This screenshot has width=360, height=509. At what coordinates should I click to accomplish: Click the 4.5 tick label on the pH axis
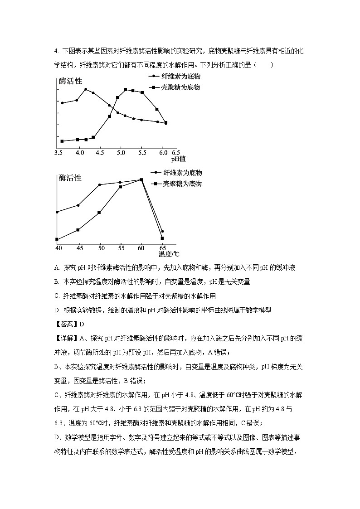(x=100, y=153)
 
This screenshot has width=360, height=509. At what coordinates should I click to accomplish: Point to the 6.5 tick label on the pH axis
(x=175, y=153)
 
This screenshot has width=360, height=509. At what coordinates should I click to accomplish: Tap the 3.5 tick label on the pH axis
(x=58, y=153)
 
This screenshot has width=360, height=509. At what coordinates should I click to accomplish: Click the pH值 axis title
(x=178, y=159)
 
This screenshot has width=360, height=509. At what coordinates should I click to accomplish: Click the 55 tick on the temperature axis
(x=121, y=248)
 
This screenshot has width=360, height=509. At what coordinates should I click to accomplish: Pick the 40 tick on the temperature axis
(x=58, y=248)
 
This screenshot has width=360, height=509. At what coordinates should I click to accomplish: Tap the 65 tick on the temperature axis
(x=162, y=248)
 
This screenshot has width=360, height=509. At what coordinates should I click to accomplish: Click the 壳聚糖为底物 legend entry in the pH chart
(x=180, y=87)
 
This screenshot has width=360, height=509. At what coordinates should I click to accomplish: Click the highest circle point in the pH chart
(x=86, y=89)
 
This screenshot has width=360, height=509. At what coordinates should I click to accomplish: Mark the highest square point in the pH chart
(x=126, y=89)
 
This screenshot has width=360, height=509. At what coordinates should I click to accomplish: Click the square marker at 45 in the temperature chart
(x=78, y=230)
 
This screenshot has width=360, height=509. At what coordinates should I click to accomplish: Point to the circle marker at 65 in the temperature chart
(x=162, y=231)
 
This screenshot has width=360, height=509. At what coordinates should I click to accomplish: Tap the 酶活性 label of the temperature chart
(x=70, y=178)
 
